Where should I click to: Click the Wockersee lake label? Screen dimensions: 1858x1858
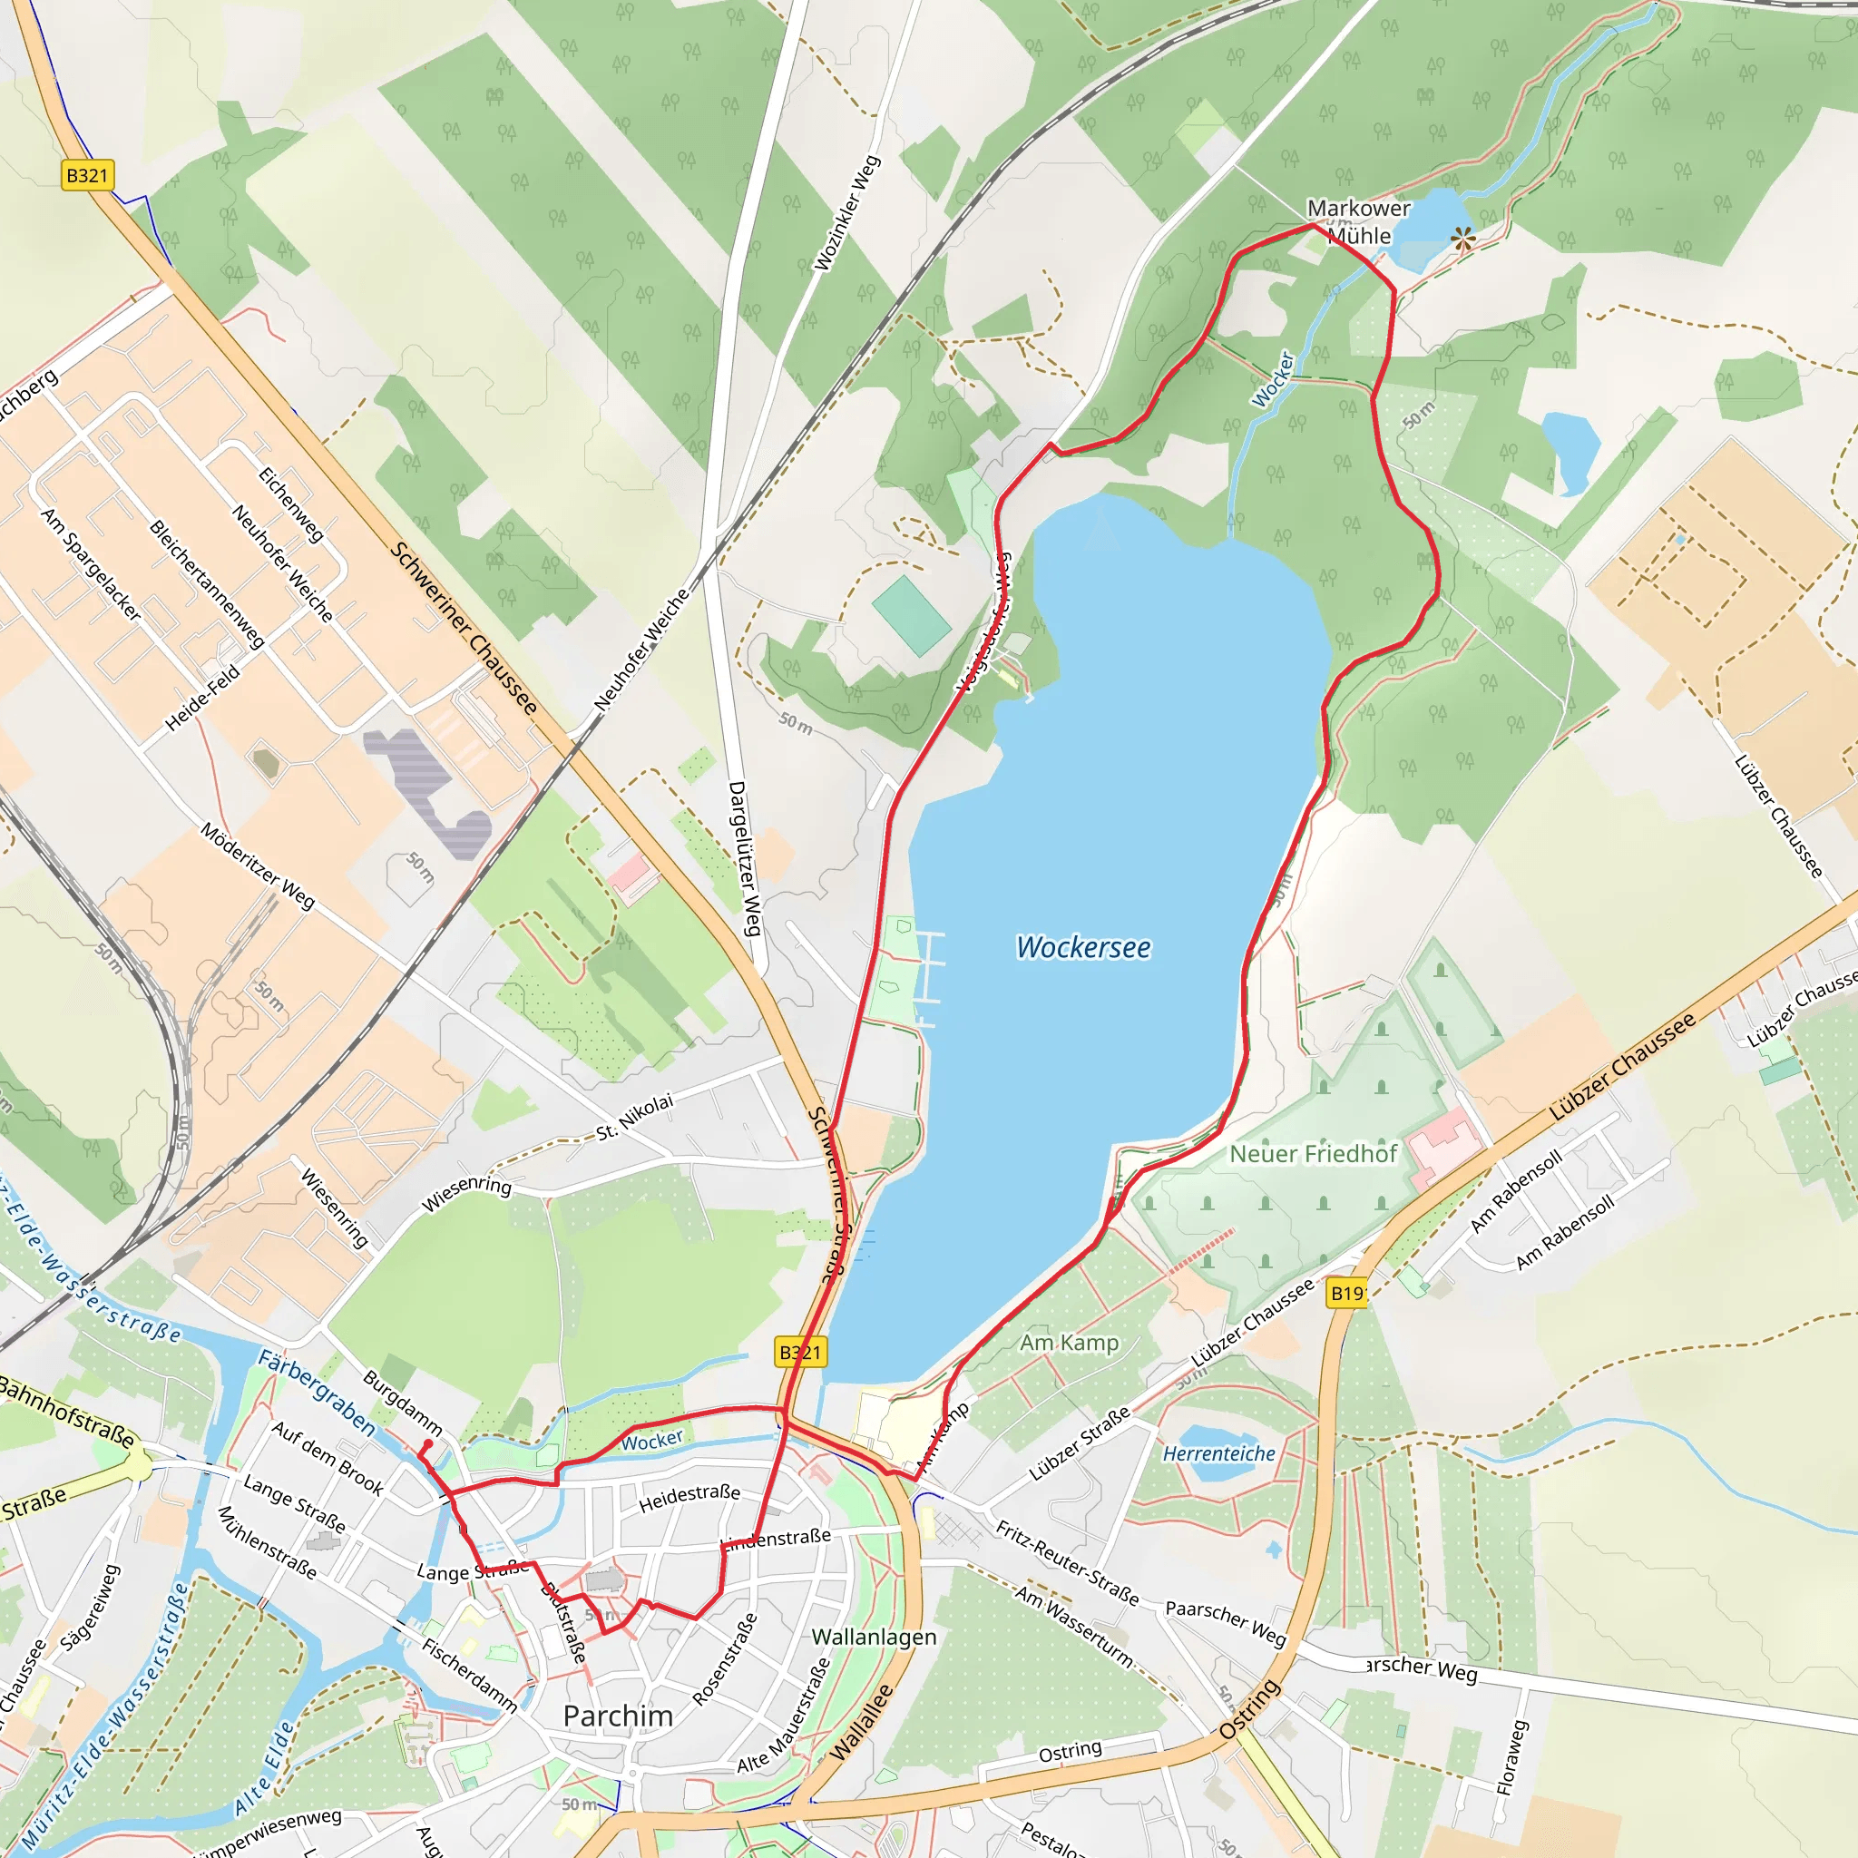click(1083, 947)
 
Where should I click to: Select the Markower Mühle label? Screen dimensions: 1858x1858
click(1358, 221)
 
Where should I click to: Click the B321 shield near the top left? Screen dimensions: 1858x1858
click(87, 175)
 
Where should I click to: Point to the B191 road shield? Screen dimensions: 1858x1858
click(1346, 1294)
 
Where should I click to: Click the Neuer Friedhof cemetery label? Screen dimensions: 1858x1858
click(1313, 1154)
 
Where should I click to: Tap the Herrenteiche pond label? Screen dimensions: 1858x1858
click(1218, 1454)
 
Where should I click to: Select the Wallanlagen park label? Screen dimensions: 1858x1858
click(874, 1636)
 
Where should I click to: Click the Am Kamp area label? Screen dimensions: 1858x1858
click(1070, 1343)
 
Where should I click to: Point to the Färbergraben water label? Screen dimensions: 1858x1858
click(316, 1393)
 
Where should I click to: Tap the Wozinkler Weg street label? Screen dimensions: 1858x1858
click(846, 213)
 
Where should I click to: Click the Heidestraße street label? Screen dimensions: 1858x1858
click(689, 1497)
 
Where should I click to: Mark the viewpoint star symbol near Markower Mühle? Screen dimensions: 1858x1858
click(1462, 239)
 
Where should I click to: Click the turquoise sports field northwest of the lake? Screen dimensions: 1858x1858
click(911, 615)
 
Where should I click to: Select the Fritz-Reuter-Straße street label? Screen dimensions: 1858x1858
click(1067, 1563)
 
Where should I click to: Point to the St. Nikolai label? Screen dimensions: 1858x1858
click(635, 1118)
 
